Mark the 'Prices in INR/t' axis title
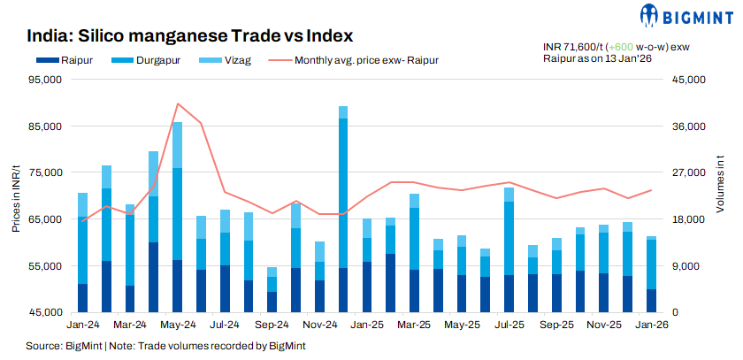click(16, 195)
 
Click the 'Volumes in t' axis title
click(719, 195)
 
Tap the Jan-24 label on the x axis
click(82, 325)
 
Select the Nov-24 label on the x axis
click(319, 325)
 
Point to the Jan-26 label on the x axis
click(652, 325)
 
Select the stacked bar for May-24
click(177, 217)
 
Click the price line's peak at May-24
click(178, 103)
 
